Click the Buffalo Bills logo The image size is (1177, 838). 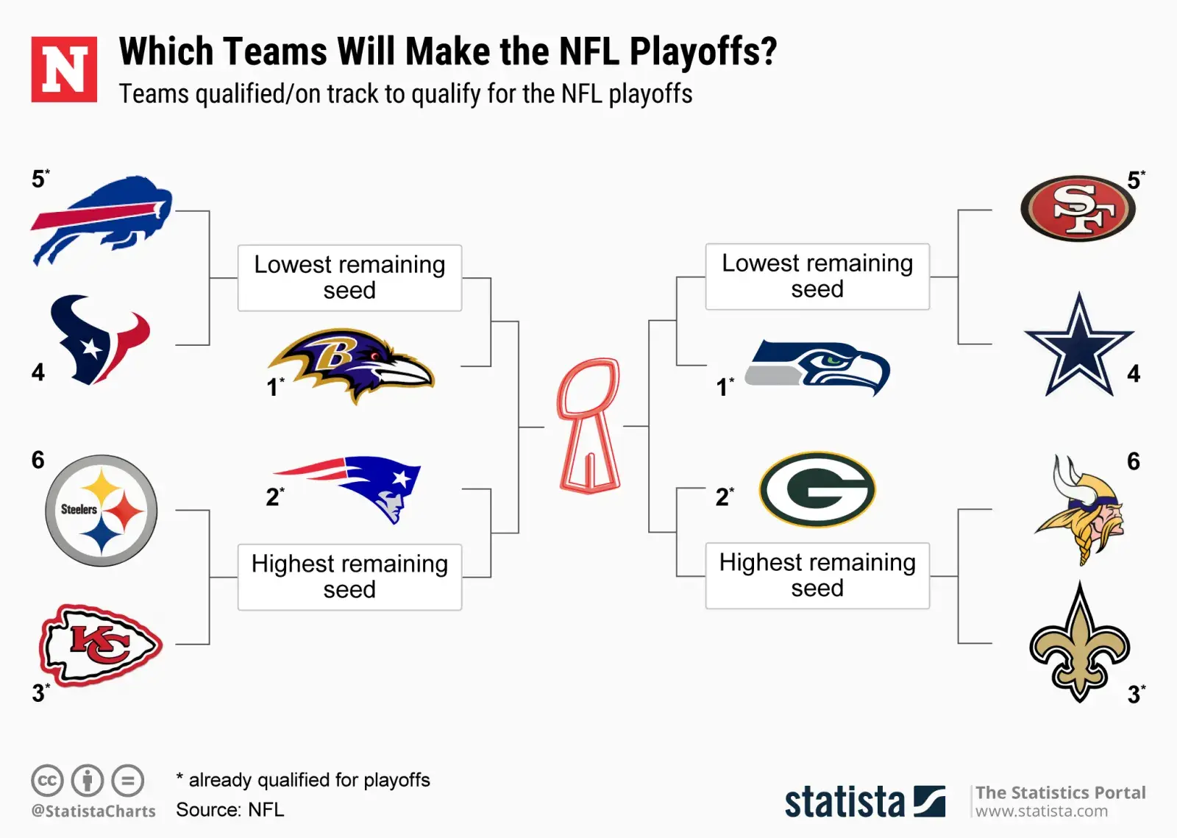click(102, 221)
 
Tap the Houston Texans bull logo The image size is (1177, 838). click(100, 340)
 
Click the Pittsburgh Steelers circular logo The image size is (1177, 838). click(102, 510)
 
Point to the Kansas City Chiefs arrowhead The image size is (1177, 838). click(101, 645)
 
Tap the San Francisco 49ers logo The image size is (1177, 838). click(1078, 208)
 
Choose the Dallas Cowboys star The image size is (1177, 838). click(1078, 344)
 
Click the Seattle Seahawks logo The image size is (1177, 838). click(817, 367)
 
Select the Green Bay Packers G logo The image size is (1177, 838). click(817, 489)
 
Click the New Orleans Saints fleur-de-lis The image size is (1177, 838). click(1080, 642)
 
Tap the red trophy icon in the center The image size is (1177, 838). click(589, 425)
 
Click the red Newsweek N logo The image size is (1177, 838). click(64, 69)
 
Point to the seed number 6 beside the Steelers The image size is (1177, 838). click(38, 461)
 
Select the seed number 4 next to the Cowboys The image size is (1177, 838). click(1134, 374)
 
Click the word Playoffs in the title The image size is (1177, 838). click(703, 52)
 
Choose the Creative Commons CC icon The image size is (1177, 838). click(47, 780)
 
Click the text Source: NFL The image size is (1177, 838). click(230, 809)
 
